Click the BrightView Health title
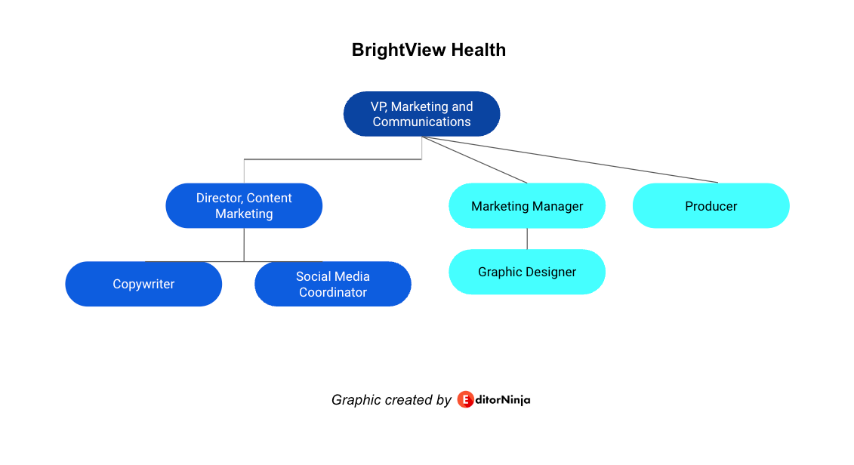point(428,50)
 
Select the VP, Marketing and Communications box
point(421,114)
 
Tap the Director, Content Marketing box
point(244,205)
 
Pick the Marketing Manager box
point(527,205)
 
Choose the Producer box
point(711,205)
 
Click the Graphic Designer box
point(527,272)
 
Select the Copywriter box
point(143,284)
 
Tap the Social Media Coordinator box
point(333,284)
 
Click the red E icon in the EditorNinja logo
point(465,399)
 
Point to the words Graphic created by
point(391,399)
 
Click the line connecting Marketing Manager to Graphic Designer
point(527,239)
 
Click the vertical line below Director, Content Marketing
point(244,245)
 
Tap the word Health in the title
point(478,50)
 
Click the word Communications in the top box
point(421,122)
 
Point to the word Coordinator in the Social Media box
point(333,292)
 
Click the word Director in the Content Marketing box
point(218,198)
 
